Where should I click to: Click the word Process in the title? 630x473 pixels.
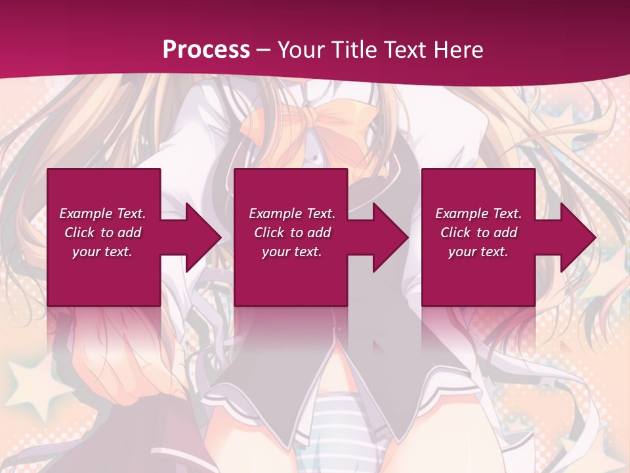point(206,50)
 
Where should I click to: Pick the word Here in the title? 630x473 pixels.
point(459,50)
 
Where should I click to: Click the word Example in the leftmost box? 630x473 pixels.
point(85,214)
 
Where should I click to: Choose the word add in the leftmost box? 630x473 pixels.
point(130,233)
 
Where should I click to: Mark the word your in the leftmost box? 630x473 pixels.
point(86,252)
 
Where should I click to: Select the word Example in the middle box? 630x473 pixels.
point(275,214)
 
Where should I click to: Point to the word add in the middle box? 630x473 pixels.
point(320,233)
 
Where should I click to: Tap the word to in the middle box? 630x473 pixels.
point(297,233)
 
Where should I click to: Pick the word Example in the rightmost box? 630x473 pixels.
point(461,214)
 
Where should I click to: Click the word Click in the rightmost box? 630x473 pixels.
point(455,233)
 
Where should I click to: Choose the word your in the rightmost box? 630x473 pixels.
point(462,252)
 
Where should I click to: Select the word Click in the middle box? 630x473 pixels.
point(269,233)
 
